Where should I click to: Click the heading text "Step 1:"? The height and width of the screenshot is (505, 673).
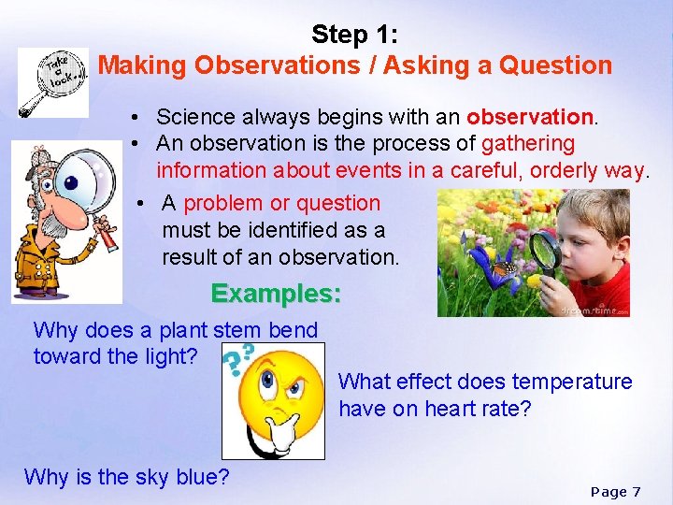click(354, 35)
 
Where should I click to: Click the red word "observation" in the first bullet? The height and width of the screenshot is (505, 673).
click(530, 117)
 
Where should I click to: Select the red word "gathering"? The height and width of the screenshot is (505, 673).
click(528, 143)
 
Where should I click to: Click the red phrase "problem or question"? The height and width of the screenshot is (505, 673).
click(282, 203)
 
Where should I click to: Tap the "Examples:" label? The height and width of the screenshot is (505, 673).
click(276, 294)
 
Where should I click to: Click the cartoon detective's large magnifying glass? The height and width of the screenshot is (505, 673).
click(87, 180)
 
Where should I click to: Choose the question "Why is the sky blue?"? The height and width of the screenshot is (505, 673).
click(126, 477)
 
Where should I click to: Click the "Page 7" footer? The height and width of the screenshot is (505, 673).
click(616, 491)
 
